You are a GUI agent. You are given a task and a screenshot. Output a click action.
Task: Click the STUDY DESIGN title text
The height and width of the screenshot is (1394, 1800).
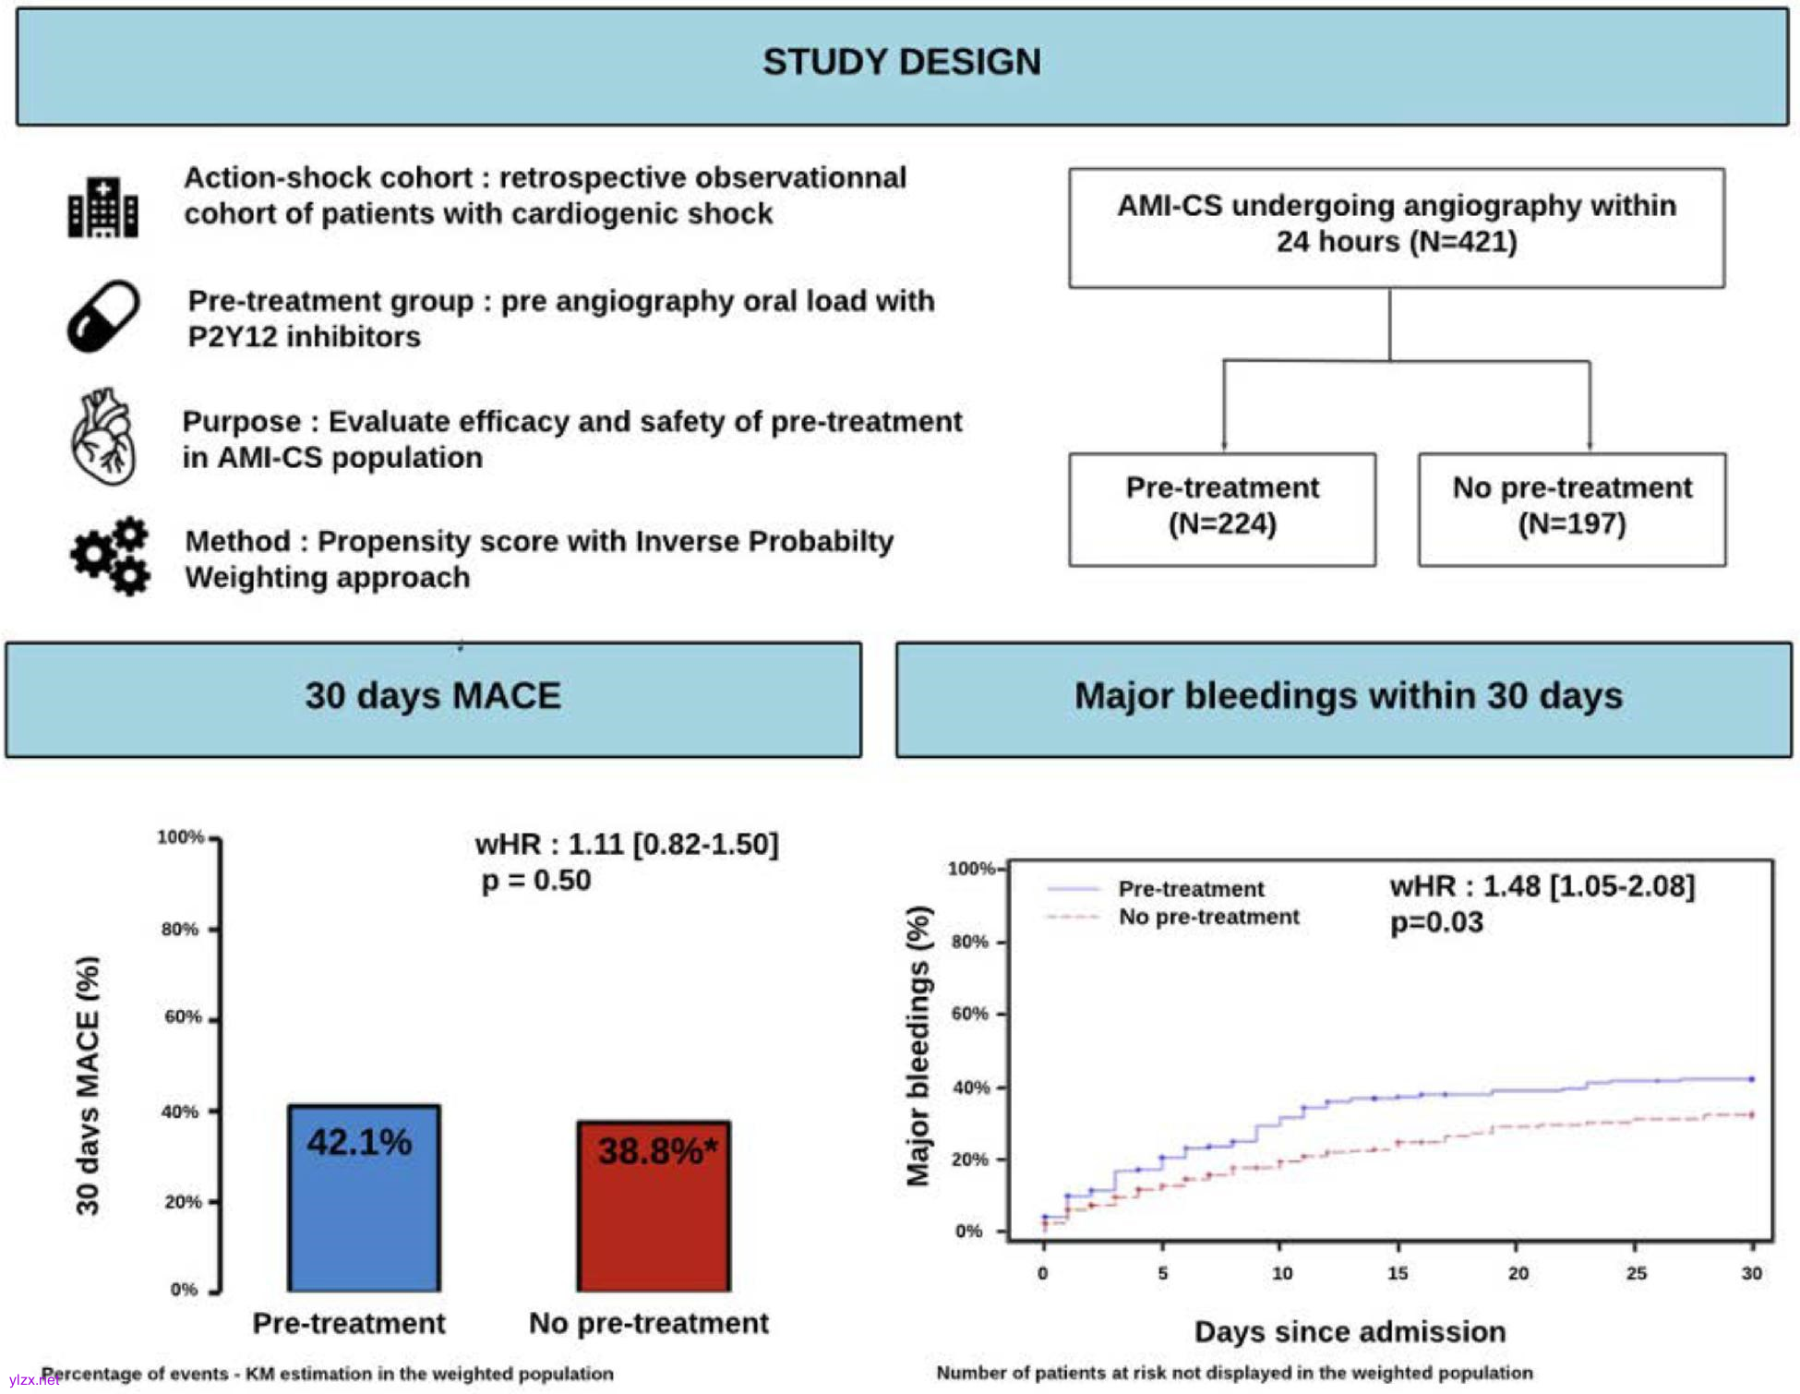click(901, 63)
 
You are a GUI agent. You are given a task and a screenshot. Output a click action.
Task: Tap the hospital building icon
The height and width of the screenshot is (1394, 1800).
click(102, 207)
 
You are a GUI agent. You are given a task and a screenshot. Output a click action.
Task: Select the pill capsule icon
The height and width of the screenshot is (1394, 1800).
click(102, 316)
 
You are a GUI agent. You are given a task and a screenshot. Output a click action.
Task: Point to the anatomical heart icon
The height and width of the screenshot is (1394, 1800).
click(103, 437)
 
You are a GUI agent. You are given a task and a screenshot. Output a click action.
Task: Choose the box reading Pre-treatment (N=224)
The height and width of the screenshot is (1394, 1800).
click(1221, 508)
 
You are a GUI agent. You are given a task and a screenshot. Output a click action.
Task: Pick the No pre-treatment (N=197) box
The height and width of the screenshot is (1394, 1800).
click(1571, 508)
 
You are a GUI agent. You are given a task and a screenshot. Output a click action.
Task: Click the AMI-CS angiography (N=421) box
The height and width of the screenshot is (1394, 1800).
click(1396, 226)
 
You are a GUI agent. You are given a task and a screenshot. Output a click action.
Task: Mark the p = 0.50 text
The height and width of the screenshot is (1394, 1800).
click(536, 881)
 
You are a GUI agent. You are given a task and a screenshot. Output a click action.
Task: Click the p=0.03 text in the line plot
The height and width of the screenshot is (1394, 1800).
click(1436, 922)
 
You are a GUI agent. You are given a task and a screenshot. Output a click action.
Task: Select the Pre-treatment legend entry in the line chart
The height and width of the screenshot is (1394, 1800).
click(1189, 889)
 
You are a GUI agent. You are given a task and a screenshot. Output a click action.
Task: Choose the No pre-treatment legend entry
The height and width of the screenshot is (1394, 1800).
click(1207, 917)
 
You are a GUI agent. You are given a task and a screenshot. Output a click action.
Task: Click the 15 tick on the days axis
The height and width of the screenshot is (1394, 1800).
click(1398, 1273)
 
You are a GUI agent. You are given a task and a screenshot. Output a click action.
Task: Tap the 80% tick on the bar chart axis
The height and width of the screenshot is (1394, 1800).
click(180, 929)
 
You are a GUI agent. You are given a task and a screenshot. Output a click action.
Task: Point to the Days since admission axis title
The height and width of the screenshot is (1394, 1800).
click(1350, 1332)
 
